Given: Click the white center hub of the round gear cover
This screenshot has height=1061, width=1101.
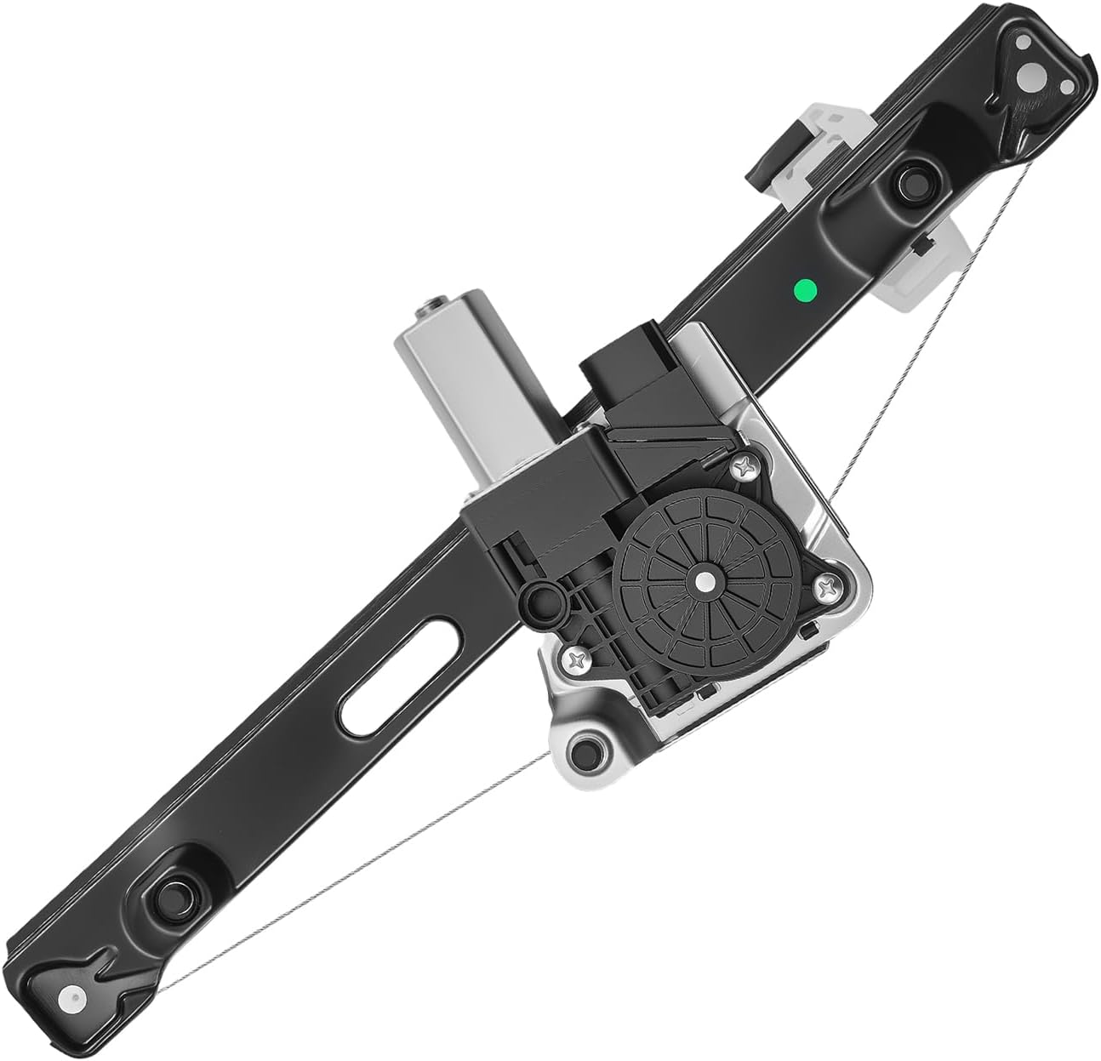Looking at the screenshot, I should click(705, 581).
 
